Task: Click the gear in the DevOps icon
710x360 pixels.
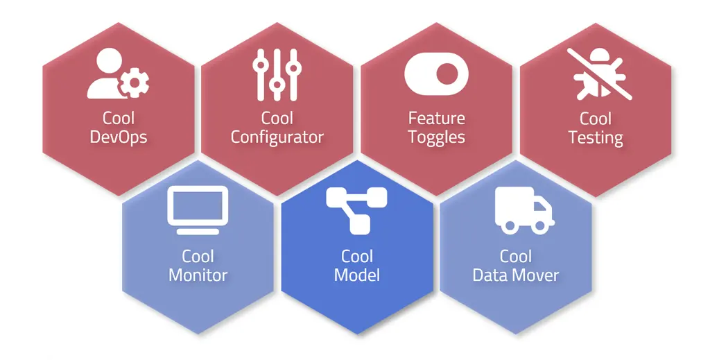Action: [x=134, y=83]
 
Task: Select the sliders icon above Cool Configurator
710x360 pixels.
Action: [x=277, y=74]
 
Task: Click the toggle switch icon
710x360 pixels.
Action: [x=436, y=73]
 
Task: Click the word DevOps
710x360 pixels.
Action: [x=119, y=137]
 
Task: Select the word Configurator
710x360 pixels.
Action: [x=277, y=137]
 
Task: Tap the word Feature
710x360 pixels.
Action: [x=436, y=118]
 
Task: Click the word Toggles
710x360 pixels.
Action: [x=436, y=137]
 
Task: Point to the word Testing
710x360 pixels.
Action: [x=596, y=137]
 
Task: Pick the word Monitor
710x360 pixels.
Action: [x=198, y=275]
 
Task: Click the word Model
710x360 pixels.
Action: [x=357, y=275]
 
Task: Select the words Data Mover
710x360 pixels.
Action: [x=516, y=275]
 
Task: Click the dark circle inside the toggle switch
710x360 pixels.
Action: [x=448, y=73]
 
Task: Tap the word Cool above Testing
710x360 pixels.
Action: [x=596, y=118]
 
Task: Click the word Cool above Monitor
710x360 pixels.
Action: [x=198, y=257]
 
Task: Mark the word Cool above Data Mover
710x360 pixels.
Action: [x=516, y=257]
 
